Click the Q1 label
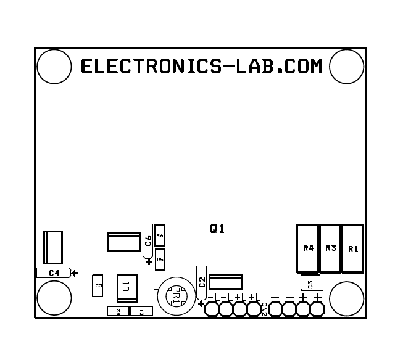(217, 229)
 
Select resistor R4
(308, 248)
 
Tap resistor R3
(330, 248)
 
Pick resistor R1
(352, 248)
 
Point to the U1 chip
(127, 286)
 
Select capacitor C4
(54, 272)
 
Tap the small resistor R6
(160, 235)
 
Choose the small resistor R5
(160, 260)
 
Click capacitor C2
(201, 283)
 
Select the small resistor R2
(118, 311)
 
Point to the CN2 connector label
(264, 309)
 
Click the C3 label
(310, 284)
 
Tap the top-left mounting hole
(54, 67)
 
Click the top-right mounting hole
(346, 67)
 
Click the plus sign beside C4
(75, 273)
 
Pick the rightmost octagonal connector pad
(317, 309)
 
